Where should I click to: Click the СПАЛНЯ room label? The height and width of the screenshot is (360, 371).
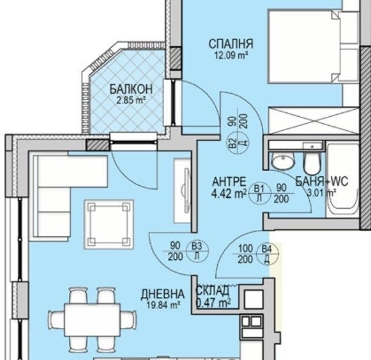point(231,44)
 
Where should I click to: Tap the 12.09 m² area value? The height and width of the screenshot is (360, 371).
point(230,56)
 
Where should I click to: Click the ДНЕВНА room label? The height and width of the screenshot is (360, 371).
point(163,294)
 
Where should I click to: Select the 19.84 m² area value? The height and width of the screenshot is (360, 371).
point(162,304)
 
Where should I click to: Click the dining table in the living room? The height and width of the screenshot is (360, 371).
point(85,318)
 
